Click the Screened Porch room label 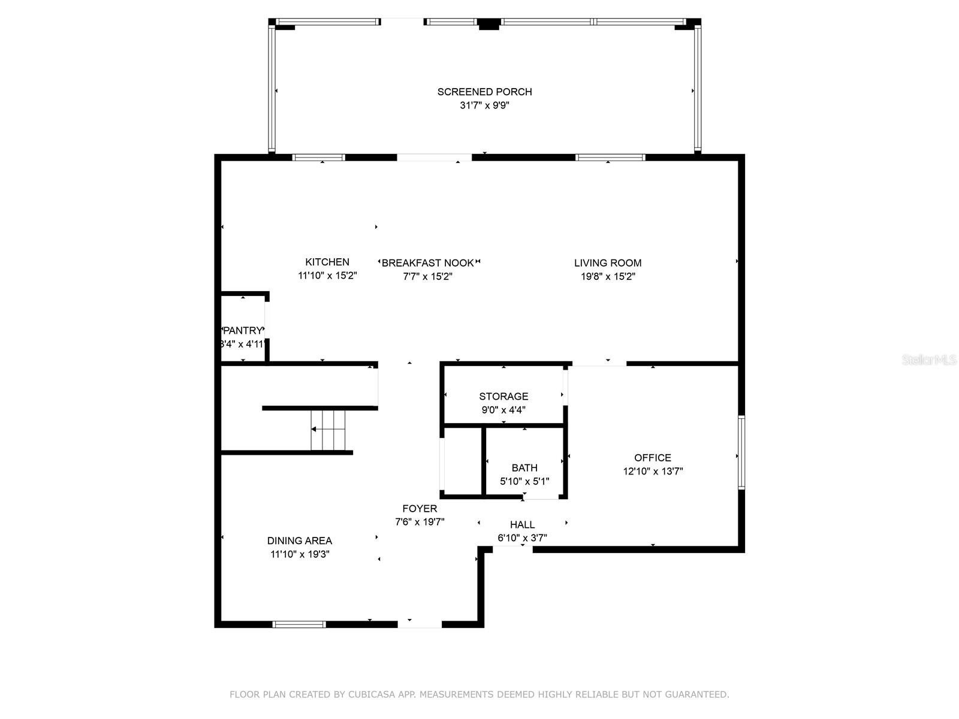pyautogui.click(x=484, y=92)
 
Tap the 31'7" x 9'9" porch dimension pyautogui.click(x=484, y=105)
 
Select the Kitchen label pyautogui.click(x=327, y=262)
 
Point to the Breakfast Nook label pyautogui.click(x=428, y=263)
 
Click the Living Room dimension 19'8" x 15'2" pyautogui.click(x=608, y=276)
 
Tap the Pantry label pyautogui.click(x=243, y=331)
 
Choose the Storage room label pyautogui.click(x=503, y=397)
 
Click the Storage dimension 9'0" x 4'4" pyautogui.click(x=503, y=410)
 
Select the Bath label pyautogui.click(x=524, y=468)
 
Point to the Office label pyautogui.click(x=653, y=458)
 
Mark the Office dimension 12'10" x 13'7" pyautogui.click(x=653, y=471)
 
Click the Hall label pyautogui.click(x=523, y=525)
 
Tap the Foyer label pyautogui.click(x=420, y=509)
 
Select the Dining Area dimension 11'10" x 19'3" pyautogui.click(x=300, y=554)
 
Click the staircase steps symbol pyautogui.click(x=328, y=430)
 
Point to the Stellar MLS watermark pyautogui.click(x=929, y=359)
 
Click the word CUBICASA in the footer pyautogui.click(x=372, y=694)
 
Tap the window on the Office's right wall pyautogui.click(x=741, y=452)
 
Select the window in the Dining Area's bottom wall pyautogui.click(x=299, y=624)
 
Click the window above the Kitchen pyautogui.click(x=318, y=158)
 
